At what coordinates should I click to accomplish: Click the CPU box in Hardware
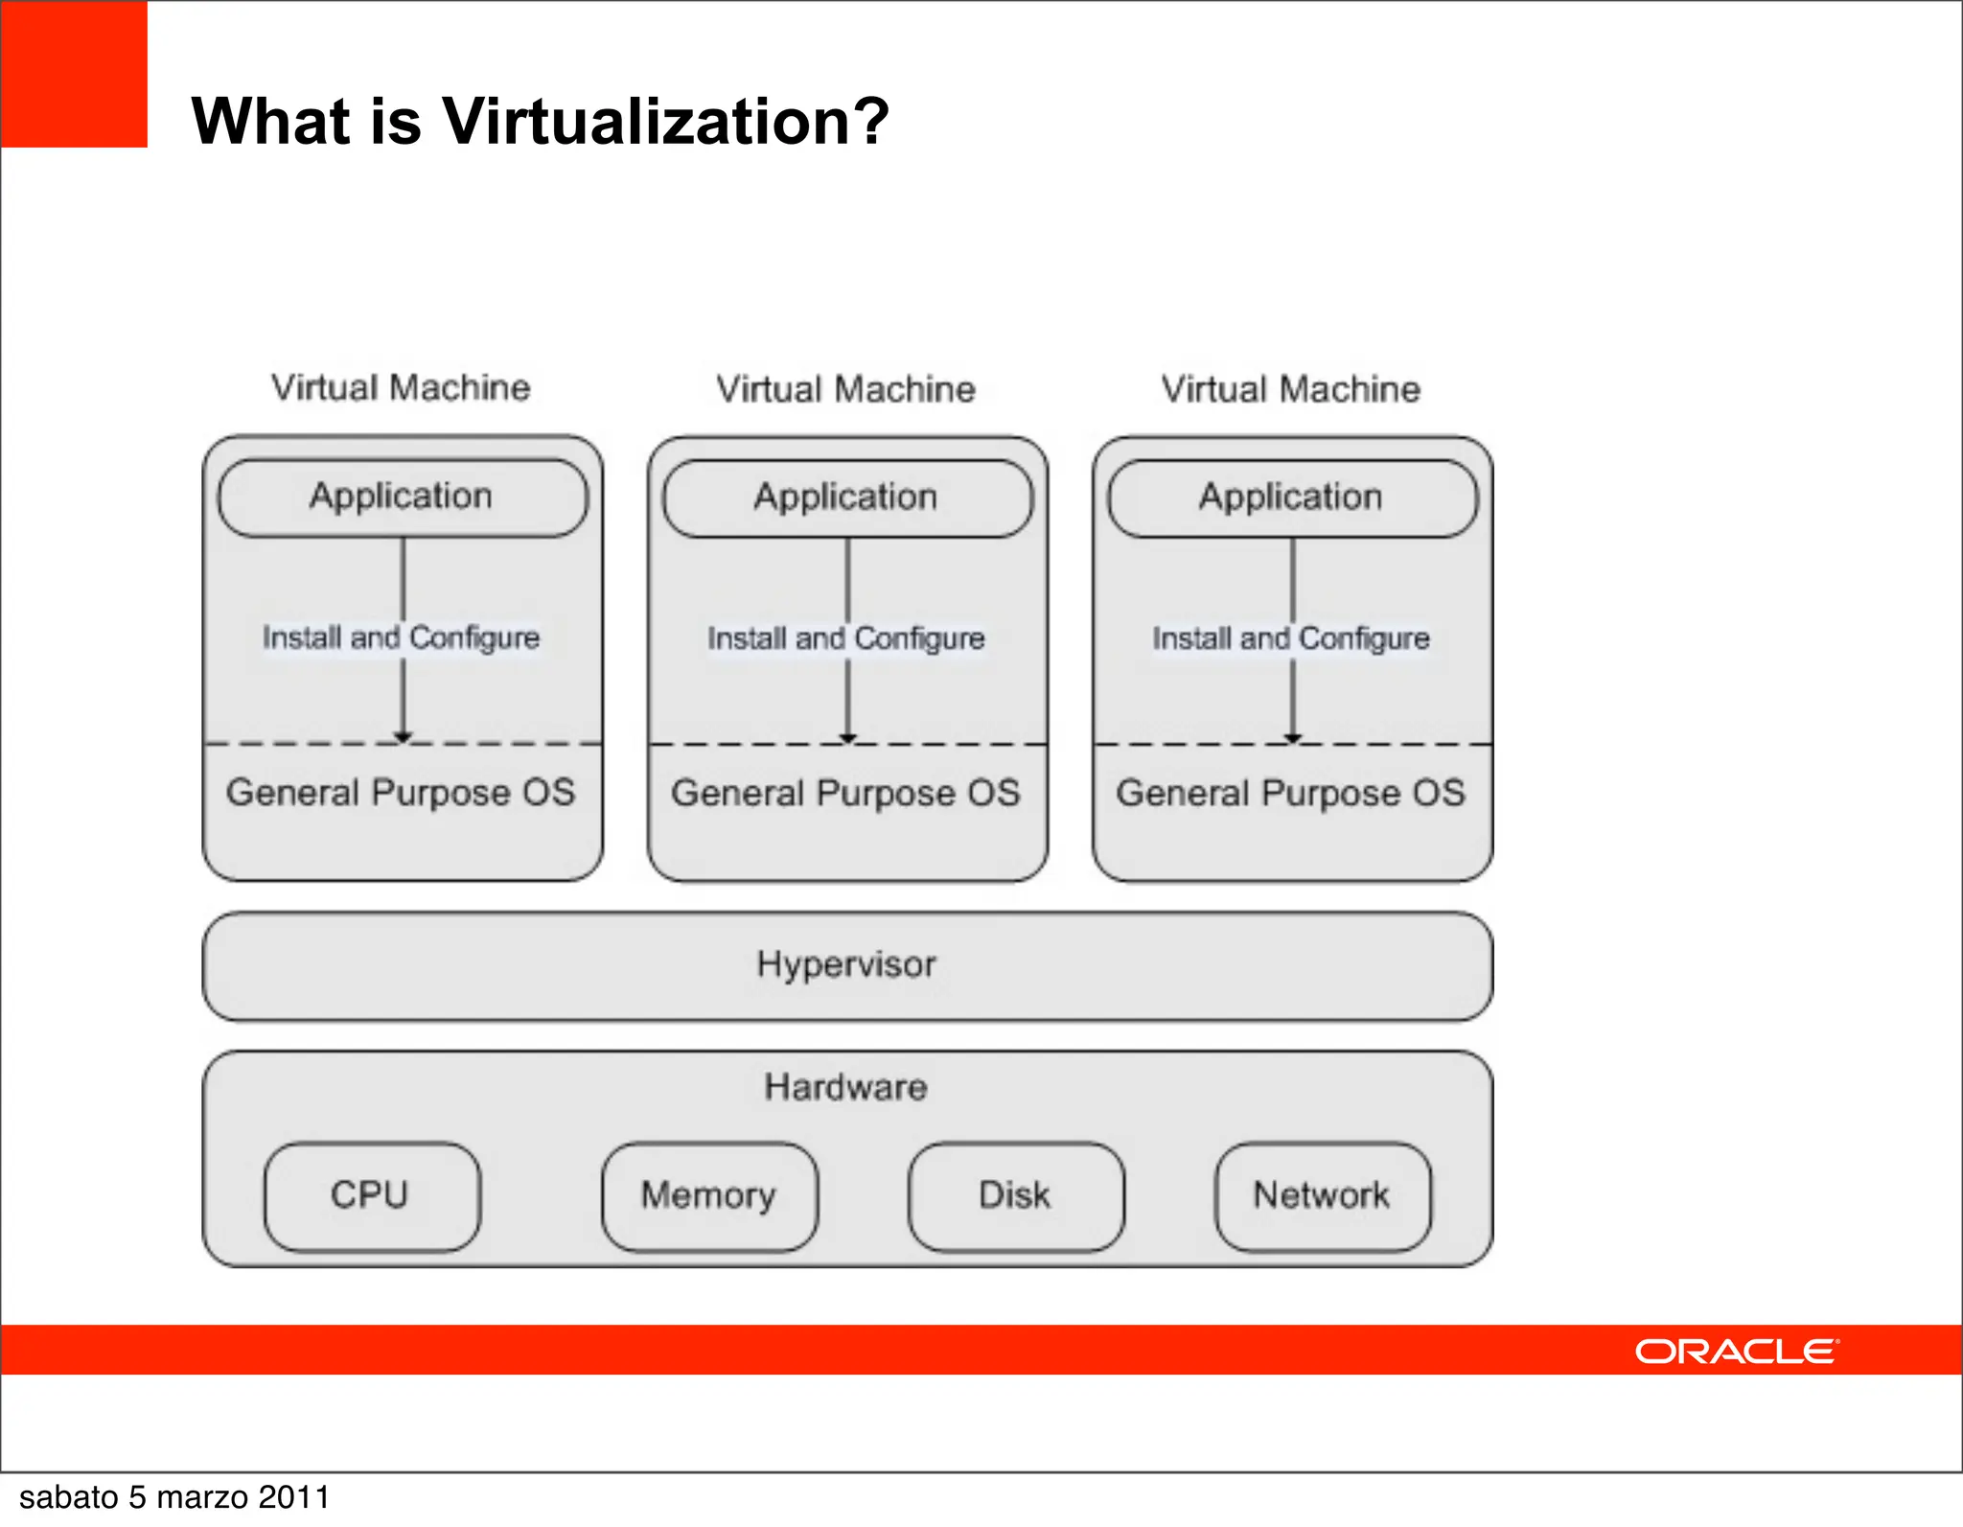click(371, 1195)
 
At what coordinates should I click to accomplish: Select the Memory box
click(709, 1195)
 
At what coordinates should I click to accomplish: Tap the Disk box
click(1015, 1195)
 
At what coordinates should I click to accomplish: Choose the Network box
click(1322, 1195)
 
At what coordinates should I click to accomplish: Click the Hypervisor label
click(845, 964)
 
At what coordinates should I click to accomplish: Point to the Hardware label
click(845, 1087)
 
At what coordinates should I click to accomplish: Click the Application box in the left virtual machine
click(403, 497)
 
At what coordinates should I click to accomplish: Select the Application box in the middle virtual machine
click(847, 497)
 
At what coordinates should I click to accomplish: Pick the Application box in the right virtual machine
click(1292, 497)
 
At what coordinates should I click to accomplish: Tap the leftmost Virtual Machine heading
click(401, 388)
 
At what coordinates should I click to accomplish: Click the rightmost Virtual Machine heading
click(1290, 389)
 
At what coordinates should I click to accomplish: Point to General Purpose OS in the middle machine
click(845, 794)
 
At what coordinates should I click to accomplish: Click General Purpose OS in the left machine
click(401, 793)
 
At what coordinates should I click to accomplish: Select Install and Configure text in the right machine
click(1290, 638)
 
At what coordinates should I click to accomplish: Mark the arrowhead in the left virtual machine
click(403, 736)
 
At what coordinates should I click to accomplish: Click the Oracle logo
click(1737, 1351)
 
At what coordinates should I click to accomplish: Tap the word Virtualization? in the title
click(665, 122)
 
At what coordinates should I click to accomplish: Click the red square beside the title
click(74, 74)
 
